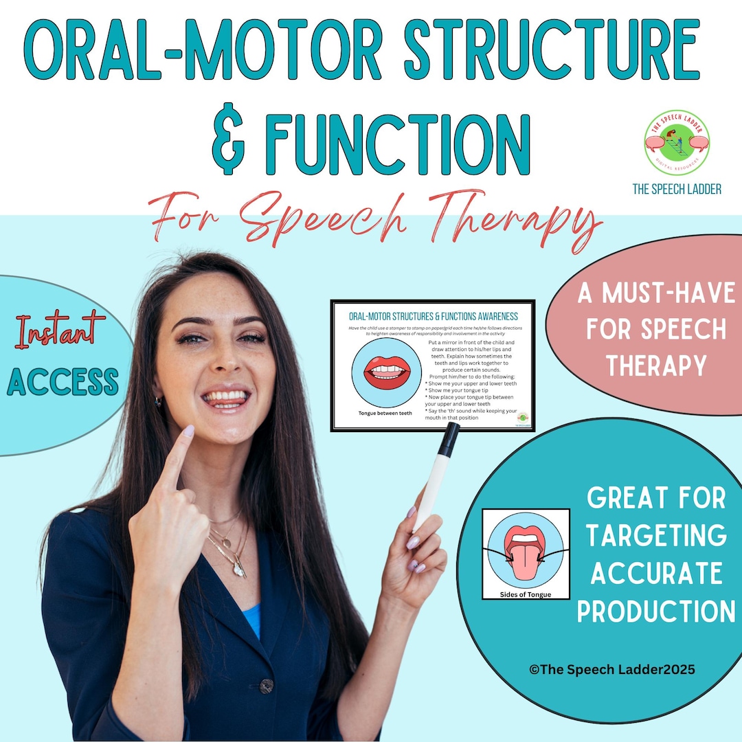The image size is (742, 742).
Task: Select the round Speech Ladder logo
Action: tap(677, 143)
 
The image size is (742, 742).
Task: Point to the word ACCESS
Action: tap(63, 382)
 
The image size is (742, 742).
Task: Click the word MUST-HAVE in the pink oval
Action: tap(657, 295)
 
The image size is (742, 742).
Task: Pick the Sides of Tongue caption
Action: tap(526, 593)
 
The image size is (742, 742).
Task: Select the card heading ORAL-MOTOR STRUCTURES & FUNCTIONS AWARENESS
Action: tap(433, 316)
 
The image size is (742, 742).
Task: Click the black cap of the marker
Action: tap(449, 438)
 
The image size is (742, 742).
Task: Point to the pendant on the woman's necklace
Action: tap(238, 569)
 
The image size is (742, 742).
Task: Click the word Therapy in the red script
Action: tap(512, 218)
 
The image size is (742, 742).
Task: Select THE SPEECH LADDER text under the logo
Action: tap(677, 189)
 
